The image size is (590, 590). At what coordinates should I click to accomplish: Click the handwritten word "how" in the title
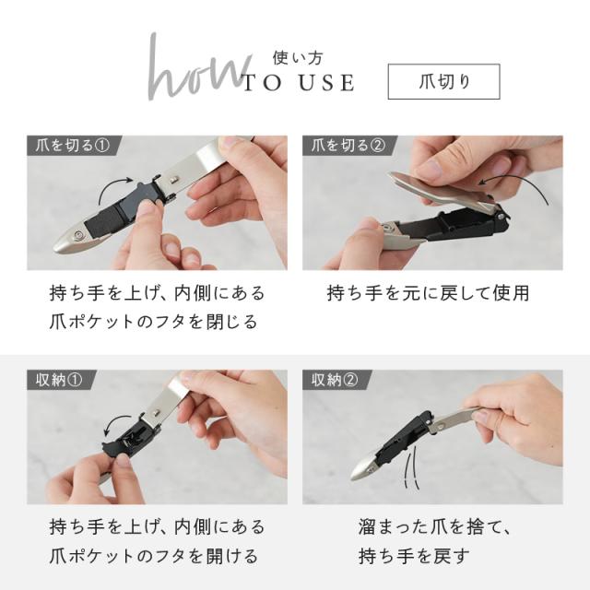(195, 70)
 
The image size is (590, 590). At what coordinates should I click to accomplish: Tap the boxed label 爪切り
(444, 82)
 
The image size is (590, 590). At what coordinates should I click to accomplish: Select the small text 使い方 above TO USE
(298, 58)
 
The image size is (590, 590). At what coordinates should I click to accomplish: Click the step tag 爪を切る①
(72, 146)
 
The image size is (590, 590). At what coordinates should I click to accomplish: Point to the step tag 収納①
(59, 380)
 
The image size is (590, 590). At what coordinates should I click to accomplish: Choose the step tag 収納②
(335, 380)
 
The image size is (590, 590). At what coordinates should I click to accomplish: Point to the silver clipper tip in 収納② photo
(363, 470)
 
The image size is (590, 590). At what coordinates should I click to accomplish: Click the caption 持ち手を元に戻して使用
(428, 293)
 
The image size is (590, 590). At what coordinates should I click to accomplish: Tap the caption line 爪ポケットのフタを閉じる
(154, 322)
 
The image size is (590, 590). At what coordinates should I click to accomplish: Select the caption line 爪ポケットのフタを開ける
(154, 556)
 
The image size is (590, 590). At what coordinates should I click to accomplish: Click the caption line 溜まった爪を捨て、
(434, 526)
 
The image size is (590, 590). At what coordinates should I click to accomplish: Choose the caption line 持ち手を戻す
(414, 556)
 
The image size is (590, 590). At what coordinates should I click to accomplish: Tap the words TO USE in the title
(299, 83)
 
